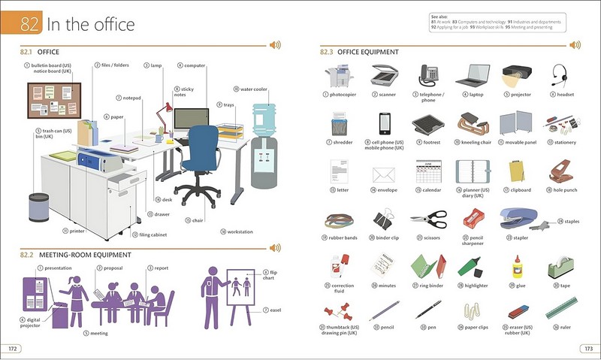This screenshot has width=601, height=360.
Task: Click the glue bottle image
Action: [x=516, y=265]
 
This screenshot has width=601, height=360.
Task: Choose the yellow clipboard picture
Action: [x=516, y=171]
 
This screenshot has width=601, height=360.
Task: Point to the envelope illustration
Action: [x=384, y=174]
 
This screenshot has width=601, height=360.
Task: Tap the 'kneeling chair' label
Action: [x=476, y=142]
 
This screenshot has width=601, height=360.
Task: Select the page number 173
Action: [x=587, y=348]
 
